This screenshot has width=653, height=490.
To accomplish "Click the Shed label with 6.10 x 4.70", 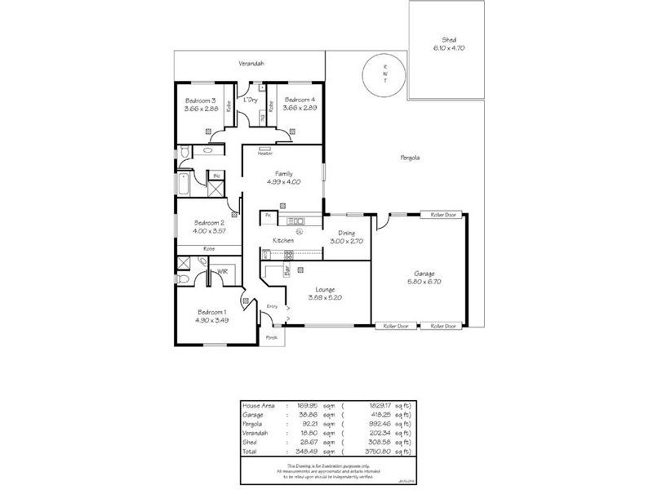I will pyautogui.click(x=448, y=48).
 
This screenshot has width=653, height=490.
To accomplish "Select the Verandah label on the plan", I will pyautogui.click(x=251, y=63).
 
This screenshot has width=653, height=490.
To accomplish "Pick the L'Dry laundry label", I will pyautogui.click(x=251, y=100).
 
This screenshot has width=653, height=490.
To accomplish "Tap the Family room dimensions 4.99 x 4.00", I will pyautogui.click(x=283, y=182).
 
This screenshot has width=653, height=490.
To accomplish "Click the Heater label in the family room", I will pyautogui.click(x=265, y=153).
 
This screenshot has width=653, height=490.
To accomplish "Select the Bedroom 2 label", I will pyautogui.click(x=208, y=223).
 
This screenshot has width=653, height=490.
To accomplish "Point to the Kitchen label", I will pyautogui.click(x=282, y=240).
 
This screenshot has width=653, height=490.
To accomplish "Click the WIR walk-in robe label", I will pyautogui.click(x=221, y=271).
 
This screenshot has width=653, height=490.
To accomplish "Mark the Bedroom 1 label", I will pyautogui.click(x=211, y=312).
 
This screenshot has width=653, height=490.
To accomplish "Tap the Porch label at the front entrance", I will pyautogui.click(x=271, y=337).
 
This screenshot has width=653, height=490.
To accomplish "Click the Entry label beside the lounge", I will pyautogui.click(x=272, y=306).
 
